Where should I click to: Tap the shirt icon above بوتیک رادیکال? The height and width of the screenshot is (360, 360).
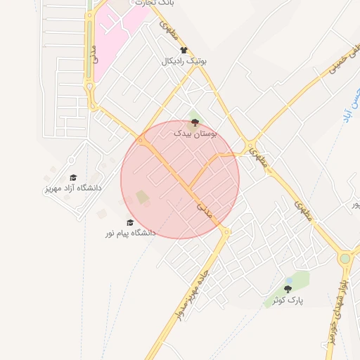[x=184, y=50]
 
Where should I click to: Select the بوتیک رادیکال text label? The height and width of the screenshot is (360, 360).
[x=184, y=61]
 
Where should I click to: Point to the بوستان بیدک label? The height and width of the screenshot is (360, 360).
[x=195, y=132]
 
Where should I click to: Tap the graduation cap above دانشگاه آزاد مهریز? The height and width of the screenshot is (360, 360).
[x=72, y=178]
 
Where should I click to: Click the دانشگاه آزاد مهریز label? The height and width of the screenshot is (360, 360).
[x=72, y=188]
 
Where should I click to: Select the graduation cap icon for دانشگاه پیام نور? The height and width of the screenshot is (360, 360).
[x=129, y=221]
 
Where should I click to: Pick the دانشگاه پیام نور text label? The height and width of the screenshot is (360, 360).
[x=131, y=232]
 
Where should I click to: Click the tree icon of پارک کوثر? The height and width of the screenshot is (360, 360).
[x=288, y=288]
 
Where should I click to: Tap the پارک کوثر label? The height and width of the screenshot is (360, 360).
[x=288, y=300]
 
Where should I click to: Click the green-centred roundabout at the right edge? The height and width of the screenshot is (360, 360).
[x=345, y=259]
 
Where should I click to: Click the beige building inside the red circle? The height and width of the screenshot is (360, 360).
[x=143, y=198]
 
